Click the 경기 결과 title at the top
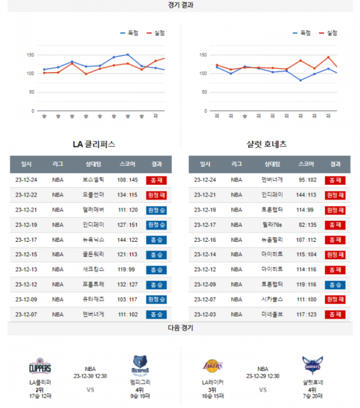point(180,5)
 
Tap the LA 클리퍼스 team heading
point(94,145)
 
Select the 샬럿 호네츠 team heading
point(266,145)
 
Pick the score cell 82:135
point(306,224)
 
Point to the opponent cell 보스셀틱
point(93,179)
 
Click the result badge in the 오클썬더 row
point(156,194)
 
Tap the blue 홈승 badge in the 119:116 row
point(335,284)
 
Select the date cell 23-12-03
point(205,314)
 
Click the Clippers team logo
point(40,366)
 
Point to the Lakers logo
point(213,365)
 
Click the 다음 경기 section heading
point(180,328)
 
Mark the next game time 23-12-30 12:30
point(90,376)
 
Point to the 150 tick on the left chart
point(30,55)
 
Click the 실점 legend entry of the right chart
point(329,33)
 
